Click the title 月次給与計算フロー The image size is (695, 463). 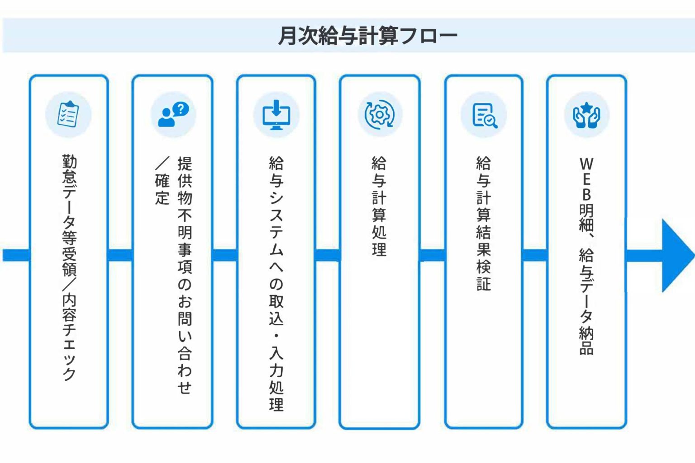(x=367, y=36)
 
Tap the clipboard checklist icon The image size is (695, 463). (x=68, y=114)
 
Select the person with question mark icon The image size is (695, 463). (x=173, y=114)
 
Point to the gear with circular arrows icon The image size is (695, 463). (x=380, y=114)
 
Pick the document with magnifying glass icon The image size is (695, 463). (x=485, y=115)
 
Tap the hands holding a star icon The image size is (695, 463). (x=586, y=115)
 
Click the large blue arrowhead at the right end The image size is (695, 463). (x=678, y=256)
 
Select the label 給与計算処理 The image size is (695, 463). (x=379, y=206)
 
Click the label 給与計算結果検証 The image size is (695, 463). (x=484, y=224)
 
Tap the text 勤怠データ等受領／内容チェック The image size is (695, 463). (x=69, y=268)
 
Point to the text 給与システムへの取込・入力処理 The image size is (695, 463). (x=276, y=284)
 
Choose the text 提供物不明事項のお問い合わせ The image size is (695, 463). (x=185, y=276)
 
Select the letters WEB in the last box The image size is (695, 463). (x=586, y=179)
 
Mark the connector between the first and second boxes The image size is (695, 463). (x=120, y=255)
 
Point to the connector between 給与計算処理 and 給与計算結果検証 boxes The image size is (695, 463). (x=432, y=255)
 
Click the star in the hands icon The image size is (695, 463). (x=586, y=108)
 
